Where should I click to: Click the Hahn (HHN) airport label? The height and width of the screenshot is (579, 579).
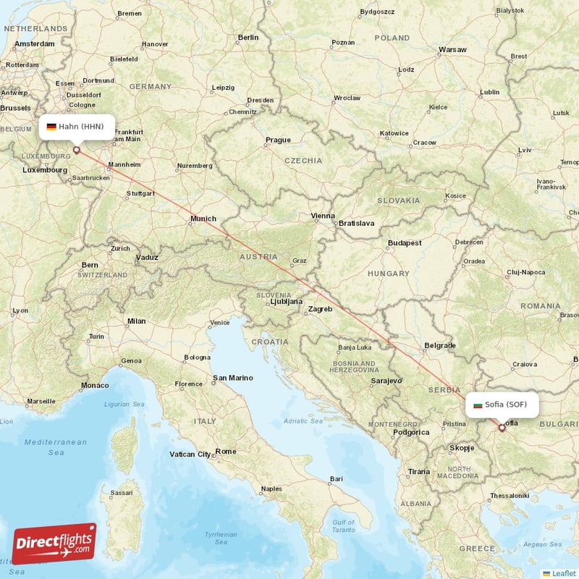[75, 127]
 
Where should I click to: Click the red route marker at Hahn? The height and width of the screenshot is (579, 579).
[76, 150]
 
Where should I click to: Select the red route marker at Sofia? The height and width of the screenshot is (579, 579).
[502, 428]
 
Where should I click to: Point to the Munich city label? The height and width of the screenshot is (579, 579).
[203, 219]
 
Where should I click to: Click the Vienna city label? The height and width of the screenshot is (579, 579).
[323, 216]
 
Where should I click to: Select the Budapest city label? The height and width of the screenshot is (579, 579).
[405, 243]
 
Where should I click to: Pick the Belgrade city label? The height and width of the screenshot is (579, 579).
[440, 345]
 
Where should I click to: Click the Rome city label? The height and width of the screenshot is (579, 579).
[225, 452]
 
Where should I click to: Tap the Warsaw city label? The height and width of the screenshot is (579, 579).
[452, 50]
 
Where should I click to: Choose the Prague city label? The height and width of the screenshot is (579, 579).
[278, 140]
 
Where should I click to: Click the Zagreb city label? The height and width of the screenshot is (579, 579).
[320, 309]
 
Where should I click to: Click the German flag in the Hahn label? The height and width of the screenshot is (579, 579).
[51, 127]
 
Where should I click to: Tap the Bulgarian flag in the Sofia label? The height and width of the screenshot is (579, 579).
[478, 405]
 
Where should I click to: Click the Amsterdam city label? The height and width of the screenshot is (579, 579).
[34, 43]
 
